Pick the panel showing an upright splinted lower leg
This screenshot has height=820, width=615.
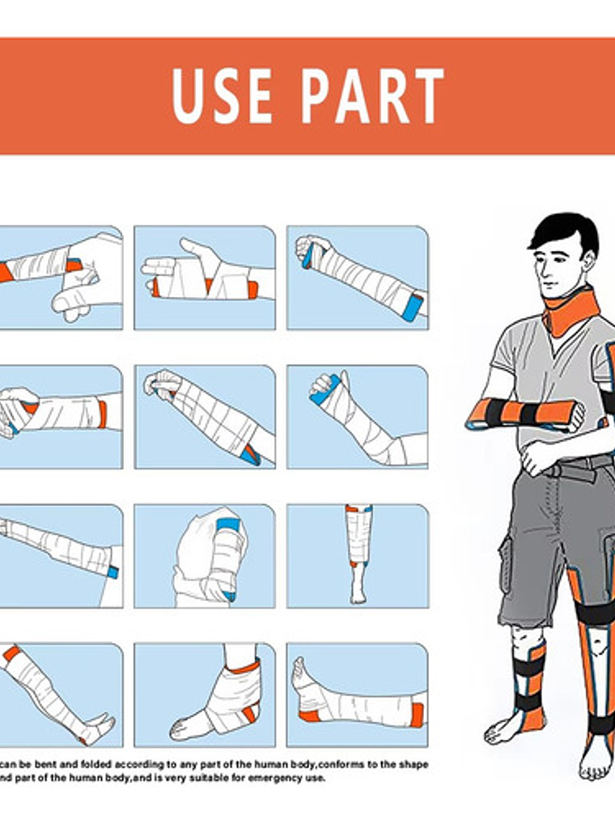(357, 555)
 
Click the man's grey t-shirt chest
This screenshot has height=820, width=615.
(534, 356)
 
